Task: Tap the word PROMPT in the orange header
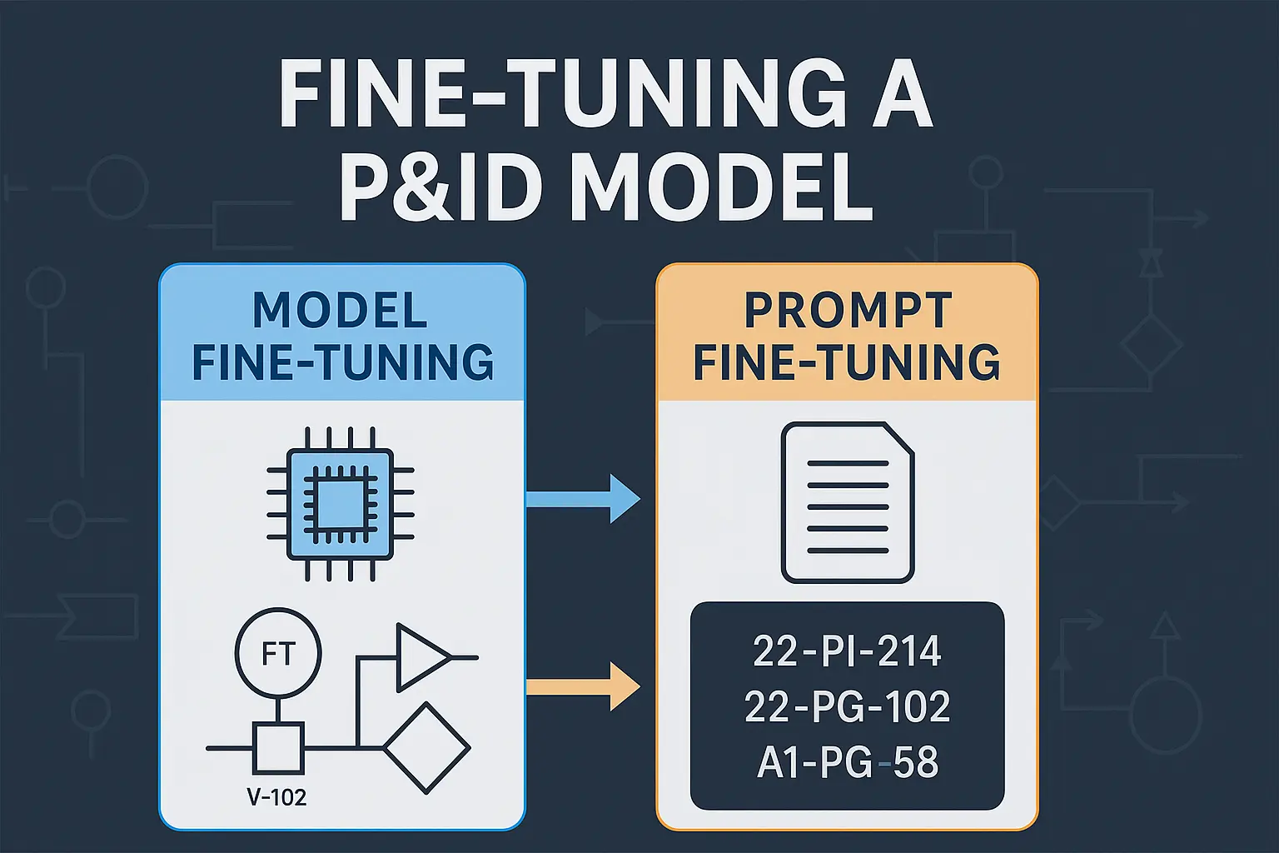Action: point(848,311)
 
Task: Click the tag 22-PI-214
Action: point(847,651)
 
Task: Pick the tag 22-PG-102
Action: point(847,707)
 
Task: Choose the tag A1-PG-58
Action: point(847,763)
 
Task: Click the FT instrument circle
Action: point(278,653)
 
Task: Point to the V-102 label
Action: point(276,797)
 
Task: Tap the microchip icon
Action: point(340,503)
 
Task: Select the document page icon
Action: point(847,503)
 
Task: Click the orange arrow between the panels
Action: point(583,687)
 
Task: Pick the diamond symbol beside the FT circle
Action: point(426,747)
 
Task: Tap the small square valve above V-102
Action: point(278,748)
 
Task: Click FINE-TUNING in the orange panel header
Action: point(847,362)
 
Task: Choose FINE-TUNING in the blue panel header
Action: point(342,362)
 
